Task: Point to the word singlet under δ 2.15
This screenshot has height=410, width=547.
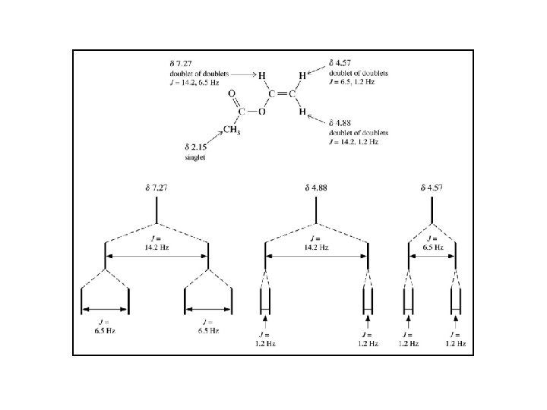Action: (x=196, y=157)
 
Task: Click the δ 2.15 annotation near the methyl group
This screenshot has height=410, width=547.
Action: (x=197, y=146)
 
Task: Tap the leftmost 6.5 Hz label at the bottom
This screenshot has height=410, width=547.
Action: (x=104, y=326)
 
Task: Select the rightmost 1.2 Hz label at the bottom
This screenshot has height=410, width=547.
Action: (x=454, y=339)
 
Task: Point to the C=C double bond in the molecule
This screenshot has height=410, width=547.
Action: (x=282, y=93)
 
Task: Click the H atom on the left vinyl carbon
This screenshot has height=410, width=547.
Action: (x=261, y=76)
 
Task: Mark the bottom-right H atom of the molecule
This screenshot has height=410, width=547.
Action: (x=302, y=112)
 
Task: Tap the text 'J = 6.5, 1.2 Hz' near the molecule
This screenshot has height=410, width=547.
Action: (x=359, y=81)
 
